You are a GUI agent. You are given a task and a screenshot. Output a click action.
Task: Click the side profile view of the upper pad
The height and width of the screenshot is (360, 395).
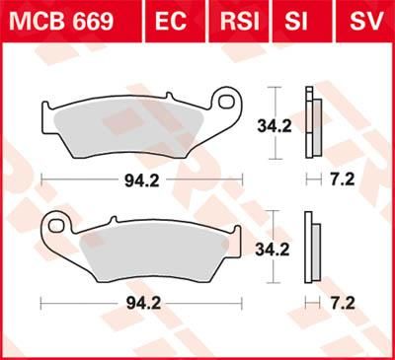point(312,122)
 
